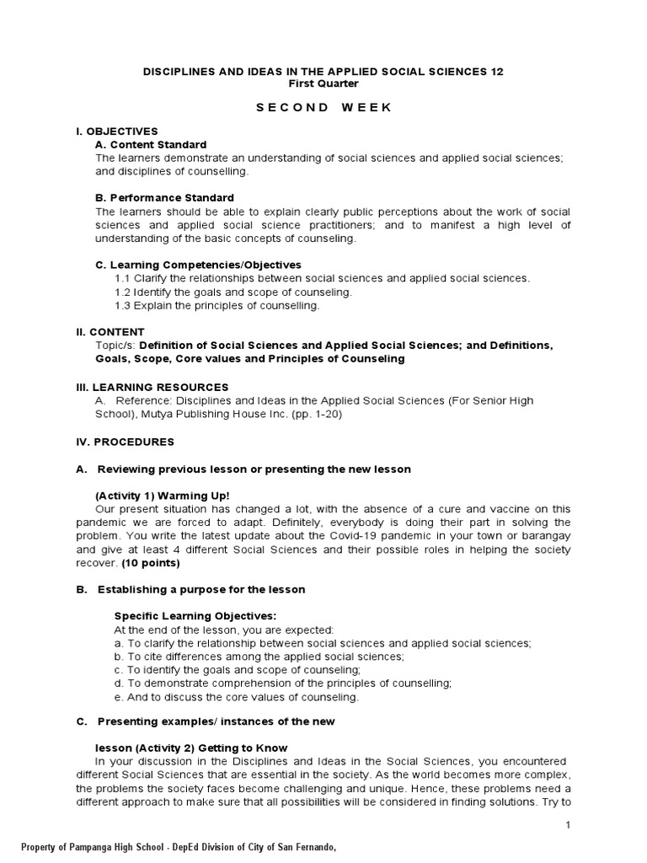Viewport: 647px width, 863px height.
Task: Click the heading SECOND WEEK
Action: pyautogui.click(x=323, y=108)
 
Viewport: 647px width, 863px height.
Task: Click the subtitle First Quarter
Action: pyautogui.click(x=323, y=83)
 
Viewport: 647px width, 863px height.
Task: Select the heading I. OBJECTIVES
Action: pyautogui.click(x=117, y=131)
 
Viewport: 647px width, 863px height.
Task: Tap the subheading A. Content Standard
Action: pyautogui.click(x=151, y=145)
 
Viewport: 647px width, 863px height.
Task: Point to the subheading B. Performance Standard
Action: pyautogui.click(x=164, y=198)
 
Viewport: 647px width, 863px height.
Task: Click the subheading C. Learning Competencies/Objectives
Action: pyautogui.click(x=198, y=265)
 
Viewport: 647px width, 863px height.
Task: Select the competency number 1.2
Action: pyautogui.click(x=122, y=292)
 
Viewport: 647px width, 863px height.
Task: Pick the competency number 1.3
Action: pyautogui.click(x=122, y=305)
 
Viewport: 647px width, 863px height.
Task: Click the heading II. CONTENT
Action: pyautogui.click(x=110, y=332)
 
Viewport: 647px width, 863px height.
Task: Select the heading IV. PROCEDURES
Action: pyautogui.click(x=126, y=442)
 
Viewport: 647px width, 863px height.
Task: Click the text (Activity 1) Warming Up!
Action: pyautogui.click(x=163, y=496)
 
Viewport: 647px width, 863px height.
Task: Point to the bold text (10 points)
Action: pyautogui.click(x=151, y=563)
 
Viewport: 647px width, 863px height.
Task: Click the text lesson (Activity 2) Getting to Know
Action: pyautogui.click(x=191, y=748)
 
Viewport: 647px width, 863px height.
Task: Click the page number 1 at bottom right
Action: pyautogui.click(x=569, y=825)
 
